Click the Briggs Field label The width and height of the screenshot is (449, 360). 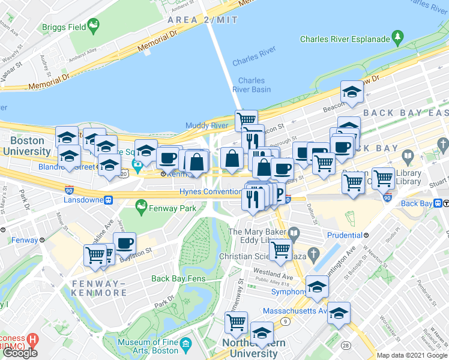(x=64, y=27)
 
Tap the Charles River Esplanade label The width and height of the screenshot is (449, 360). (x=345, y=39)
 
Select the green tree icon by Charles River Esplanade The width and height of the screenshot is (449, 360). (x=397, y=38)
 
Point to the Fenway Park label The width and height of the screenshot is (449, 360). (x=173, y=208)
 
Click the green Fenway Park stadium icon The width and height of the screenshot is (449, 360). (x=141, y=208)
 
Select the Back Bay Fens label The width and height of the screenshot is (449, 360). (x=178, y=278)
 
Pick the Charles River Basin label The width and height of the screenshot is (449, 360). (x=252, y=85)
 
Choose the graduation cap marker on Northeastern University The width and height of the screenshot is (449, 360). (x=262, y=333)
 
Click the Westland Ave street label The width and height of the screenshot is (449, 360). (x=274, y=277)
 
